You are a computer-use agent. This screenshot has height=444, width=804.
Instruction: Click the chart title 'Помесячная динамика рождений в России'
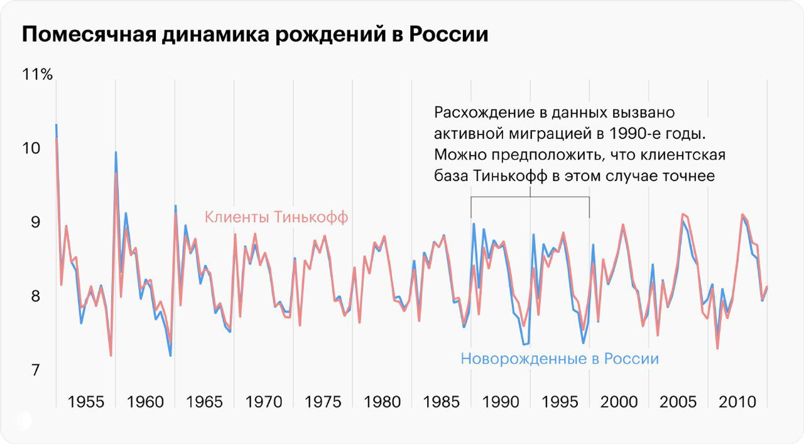point(254,35)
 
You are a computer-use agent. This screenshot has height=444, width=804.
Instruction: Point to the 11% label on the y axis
point(38,75)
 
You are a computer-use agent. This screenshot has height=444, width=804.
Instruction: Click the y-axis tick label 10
point(31,149)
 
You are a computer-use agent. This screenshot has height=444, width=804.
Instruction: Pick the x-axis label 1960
point(145,401)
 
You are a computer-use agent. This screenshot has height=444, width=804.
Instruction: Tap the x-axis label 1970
point(264,401)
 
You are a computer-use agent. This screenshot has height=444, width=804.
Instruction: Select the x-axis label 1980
point(382,401)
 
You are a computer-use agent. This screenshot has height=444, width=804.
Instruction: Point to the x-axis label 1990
point(501,401)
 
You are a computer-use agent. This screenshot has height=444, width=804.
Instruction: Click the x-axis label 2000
point(619,401)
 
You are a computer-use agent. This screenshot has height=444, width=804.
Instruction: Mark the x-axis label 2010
point(737,401)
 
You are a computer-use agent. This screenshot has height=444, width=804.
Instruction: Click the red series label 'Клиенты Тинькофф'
point(276,217)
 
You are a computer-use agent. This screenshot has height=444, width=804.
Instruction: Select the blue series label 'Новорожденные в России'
point(560,359)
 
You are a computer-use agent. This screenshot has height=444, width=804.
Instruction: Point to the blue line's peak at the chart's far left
point(56,125)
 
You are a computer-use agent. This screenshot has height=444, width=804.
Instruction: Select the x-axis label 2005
point(678,401)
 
